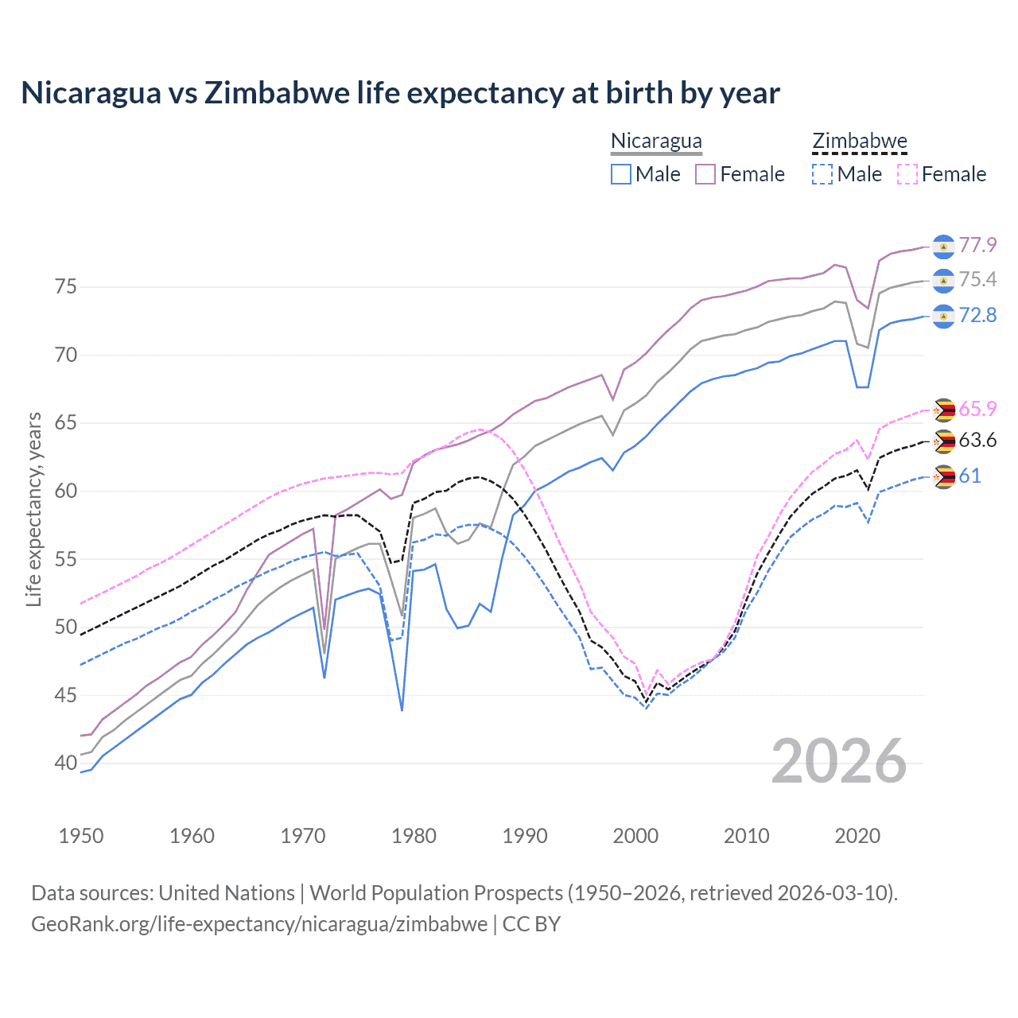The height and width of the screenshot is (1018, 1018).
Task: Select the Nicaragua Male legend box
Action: click(621, 174)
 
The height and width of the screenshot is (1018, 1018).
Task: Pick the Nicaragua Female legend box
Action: click(705, 174)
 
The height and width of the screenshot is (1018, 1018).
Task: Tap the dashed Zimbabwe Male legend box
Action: click(822, 174)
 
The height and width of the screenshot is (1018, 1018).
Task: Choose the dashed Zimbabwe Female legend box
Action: click(907, 174)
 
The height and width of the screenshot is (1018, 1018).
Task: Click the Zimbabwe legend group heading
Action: click(860, 142)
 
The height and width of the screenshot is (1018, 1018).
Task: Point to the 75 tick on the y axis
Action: click(66, 286)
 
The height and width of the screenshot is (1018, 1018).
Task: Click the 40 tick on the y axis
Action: click(66, 763)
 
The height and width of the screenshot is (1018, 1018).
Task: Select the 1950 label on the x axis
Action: click(81, 836)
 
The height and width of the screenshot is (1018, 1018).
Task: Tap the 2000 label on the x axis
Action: click(635, 836)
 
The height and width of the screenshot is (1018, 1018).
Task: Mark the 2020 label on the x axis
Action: click(857, 836)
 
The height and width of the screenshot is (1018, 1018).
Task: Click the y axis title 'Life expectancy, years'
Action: click(33, 509)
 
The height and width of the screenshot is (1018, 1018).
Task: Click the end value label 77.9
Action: click(977, 245)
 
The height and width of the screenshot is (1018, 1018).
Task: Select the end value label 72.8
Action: click(977, 316)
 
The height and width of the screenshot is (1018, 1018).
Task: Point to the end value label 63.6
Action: click(977, 441)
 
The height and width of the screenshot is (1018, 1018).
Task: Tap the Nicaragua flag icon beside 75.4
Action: click(943, 281)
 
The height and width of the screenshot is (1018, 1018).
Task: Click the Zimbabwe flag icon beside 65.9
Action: click(943, 410)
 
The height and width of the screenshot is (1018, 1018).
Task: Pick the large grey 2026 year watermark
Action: click(839, 761)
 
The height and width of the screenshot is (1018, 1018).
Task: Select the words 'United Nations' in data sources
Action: click(227, 893)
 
